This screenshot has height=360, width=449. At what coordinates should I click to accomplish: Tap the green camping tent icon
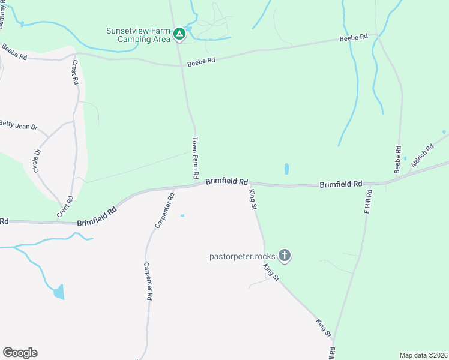pos(179,35)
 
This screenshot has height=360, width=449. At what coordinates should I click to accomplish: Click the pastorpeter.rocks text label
pos(242,256)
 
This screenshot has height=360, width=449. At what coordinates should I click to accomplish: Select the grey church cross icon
pos(285,256)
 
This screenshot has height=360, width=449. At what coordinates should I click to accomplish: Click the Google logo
pos(20,353)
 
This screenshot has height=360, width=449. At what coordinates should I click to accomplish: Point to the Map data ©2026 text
pos(423,355)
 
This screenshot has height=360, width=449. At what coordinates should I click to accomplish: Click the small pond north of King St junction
pos(286,169)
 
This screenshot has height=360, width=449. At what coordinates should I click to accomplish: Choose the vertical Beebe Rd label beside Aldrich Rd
pos(397,160)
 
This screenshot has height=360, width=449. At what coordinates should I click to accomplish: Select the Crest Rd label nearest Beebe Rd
pos(76,72)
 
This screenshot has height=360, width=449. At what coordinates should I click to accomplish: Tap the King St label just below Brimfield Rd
pos(253,199)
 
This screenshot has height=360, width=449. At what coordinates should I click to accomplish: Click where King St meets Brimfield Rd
pos(249,184)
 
